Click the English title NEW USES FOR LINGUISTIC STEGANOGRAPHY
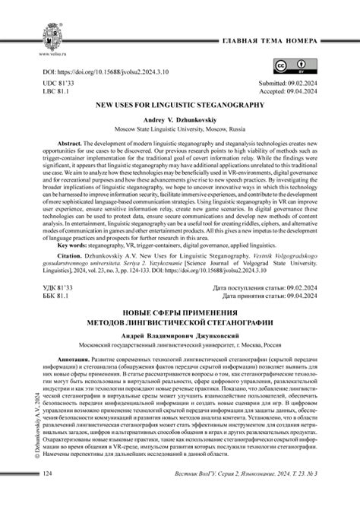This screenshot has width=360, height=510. (179, 109)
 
